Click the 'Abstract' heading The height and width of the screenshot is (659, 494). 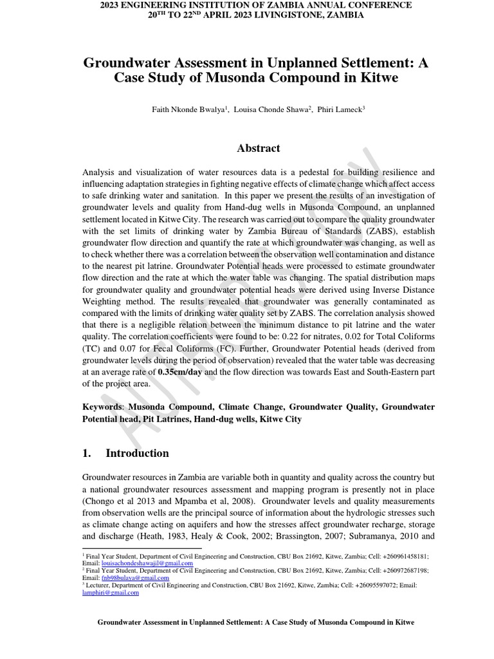(259, 149)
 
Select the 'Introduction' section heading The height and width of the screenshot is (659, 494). (137, 453)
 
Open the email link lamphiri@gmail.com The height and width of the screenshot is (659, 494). (111, 593)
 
